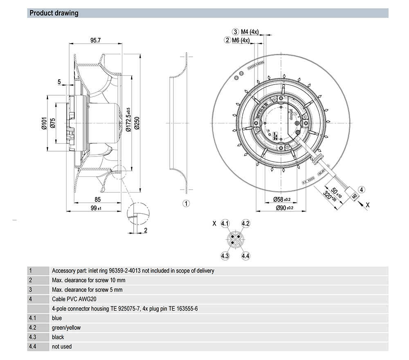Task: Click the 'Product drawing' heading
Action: pyautogui.click(x=54, y=13)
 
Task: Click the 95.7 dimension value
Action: pyautogui.click(x=95, y=40)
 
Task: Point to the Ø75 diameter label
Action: pyautogui.click(x=52, y=123)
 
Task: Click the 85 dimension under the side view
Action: pyautogui.click(x=97, y=200)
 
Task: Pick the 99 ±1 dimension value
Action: pyautogui.click(x=96, y=208)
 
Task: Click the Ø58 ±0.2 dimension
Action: pyautogui.click(x=282, y=199)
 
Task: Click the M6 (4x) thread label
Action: pyautogui.click(x=240, y=40)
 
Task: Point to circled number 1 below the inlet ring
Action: pyautogui.click(x=185, y=203)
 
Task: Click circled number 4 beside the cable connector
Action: pyautogui.click(x=362, y=189)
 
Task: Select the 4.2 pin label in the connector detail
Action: pyautogui.click(x=245, y=224)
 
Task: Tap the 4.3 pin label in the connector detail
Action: pyautogui.click(x=225, y=256)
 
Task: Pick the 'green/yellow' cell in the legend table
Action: pyautogui.click(x=66, y=327)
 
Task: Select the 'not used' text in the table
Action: pyautogui.click(x=62, y=347)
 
